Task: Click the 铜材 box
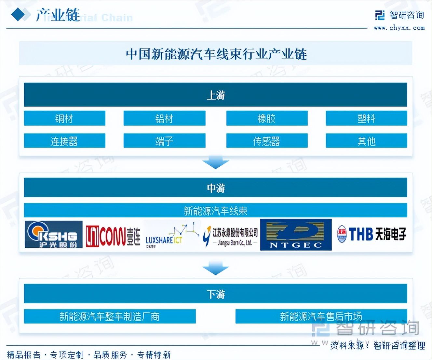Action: (64, 118)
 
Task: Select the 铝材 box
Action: (164, 118)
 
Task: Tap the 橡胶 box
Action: (267, 118)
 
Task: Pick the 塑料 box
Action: (366, 118)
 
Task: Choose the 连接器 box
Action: (64, 141)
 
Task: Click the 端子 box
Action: (164, 141)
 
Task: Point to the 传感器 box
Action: (267, 141)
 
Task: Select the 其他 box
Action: (366, 141)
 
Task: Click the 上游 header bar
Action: (215, 95)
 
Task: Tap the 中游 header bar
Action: (215, 187)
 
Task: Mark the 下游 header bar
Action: (215, 294)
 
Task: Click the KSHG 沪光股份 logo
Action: (54, 234)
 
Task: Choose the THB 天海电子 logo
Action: (371, 234)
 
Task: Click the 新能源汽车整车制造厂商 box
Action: (110, 316)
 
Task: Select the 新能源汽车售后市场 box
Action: (321, 316)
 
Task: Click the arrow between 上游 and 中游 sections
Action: (215, 163)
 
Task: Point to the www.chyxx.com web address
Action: (399, 28)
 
